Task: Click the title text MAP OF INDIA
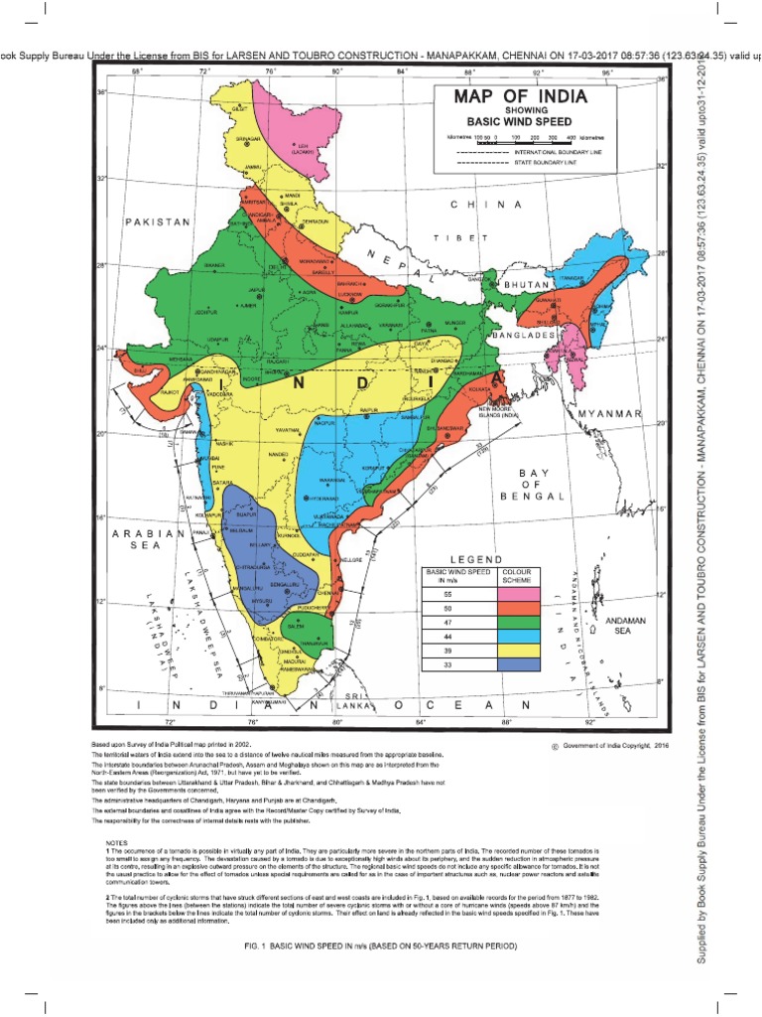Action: click(521, 97)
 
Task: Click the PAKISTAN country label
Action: click(157, 223)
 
